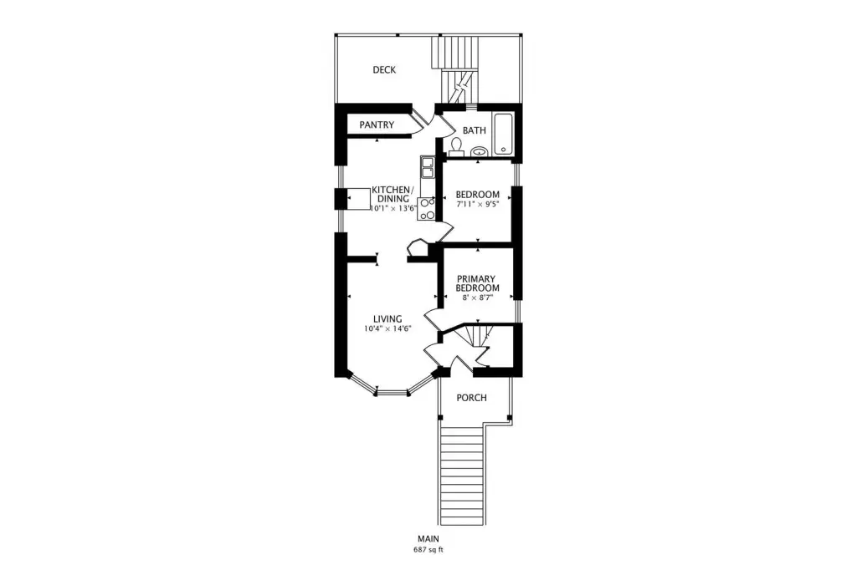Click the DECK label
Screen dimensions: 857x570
(384, 70)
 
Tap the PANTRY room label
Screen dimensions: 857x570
(377, 125)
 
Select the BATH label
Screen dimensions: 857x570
(474, 130)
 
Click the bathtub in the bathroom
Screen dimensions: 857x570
(503, 134)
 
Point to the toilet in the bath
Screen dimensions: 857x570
(456, 147)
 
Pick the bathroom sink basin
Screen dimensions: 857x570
(480, 152)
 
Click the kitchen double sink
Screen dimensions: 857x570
(426, 167)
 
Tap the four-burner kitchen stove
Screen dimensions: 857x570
(427, 209)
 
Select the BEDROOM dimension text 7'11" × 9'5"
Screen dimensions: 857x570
(477, 205)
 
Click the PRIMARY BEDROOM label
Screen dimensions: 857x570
(477, 283)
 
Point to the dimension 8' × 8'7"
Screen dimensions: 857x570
(478, 297)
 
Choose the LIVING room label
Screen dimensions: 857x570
(387, 319)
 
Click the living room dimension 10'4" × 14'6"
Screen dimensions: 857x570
(387, 328)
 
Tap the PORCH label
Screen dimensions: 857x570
(471, 398)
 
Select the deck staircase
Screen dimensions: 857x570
(456, 69)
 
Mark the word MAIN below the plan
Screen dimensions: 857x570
(428, 539)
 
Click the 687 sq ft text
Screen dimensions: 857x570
(428, 550)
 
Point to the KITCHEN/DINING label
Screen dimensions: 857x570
(393, 195)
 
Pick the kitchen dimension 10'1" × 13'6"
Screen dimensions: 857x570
(393, 209)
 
